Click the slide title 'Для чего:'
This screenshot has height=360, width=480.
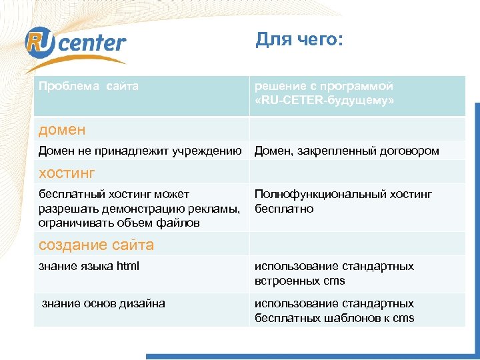[x=299, y=41]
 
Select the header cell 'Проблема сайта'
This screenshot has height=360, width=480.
[x=89, y=87]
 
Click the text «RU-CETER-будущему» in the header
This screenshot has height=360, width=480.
[x=324, y=101]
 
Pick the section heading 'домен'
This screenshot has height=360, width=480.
[x=62, y=129]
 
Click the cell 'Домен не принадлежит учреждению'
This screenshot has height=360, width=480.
[x=140, y=151]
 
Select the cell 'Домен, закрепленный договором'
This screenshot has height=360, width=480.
[x=347, y=151]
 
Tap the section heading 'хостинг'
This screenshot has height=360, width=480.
[x=67, y=173]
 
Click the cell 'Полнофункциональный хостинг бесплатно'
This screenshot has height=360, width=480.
[x=343, y=201]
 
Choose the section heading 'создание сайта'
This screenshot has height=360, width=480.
[x=96, y=245]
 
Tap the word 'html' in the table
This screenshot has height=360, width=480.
[x=128, y=267]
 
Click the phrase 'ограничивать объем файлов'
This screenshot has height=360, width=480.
[x=119, y=223]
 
